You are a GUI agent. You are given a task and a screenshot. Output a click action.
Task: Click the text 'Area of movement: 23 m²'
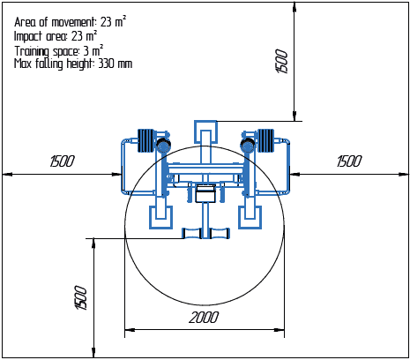(70, 19)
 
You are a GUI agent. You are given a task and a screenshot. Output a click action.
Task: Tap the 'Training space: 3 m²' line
(59, 50)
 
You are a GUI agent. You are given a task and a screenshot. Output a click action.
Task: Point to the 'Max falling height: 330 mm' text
(73, 64)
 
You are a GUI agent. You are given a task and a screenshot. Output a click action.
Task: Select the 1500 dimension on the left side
(62, 161)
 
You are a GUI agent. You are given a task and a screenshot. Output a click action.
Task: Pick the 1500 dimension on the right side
(349, 161)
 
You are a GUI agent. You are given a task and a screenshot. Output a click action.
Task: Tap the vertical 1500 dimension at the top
(282, 61)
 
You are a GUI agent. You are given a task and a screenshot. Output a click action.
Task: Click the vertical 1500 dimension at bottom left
(81, 297)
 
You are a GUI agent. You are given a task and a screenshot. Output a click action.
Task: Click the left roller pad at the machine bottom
(191, 234)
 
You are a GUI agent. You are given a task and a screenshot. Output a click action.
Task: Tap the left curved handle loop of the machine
(126, 168)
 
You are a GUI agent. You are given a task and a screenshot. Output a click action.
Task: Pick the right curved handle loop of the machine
(285, 168)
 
